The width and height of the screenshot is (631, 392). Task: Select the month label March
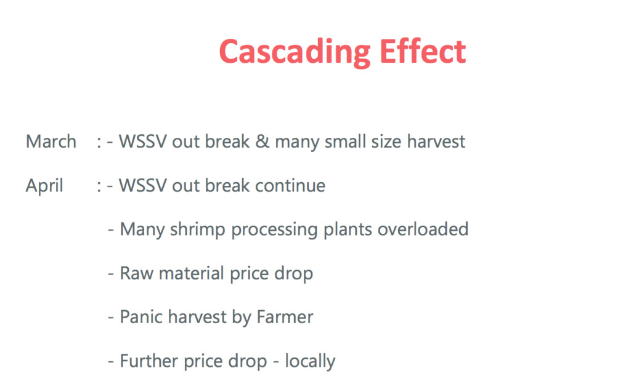click(51, 142)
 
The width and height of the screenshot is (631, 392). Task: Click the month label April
click(44, 186)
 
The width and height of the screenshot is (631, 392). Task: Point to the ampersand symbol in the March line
click(263, 142)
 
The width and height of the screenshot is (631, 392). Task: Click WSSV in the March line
click(143, 142)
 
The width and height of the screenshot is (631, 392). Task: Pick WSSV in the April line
click(143, 186)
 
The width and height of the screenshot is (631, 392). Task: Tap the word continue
click(290, 186)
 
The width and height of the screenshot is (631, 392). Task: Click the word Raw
click(137, 273)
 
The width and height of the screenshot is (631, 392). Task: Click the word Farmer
click(285, 317)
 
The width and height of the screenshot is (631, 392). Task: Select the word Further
click(149, 361)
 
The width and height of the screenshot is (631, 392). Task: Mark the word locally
click(311, 362)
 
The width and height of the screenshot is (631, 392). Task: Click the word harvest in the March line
click(436, 142)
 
